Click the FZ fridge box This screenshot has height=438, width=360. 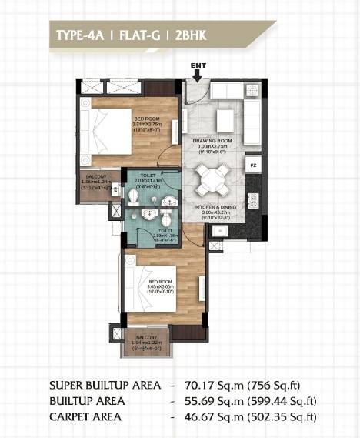[x=252, y=166]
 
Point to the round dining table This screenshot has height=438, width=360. [x=210, y=180]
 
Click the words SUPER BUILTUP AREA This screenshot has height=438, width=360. [x=105, y=384]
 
